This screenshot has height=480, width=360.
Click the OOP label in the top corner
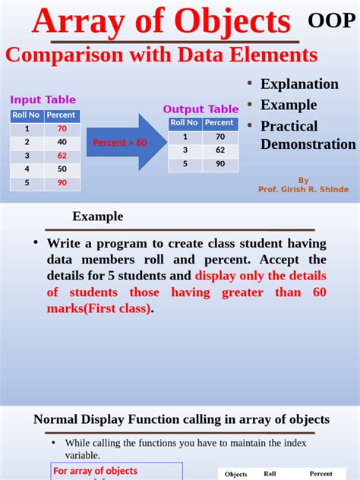[x=332, y=21]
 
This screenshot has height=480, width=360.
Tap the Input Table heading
[x=43, y=99]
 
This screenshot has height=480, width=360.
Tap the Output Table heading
[x=201, y=109]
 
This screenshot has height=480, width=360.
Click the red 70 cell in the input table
[x=62, y=128]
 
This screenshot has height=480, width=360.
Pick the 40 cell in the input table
[x=62, y=142]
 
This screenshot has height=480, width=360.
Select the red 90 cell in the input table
[x=62, y=182]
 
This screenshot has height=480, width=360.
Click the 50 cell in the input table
[x=62, y=169]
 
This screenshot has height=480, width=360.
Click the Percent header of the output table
[x=219, y=123]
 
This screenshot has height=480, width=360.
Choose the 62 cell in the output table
[x=220, y=150]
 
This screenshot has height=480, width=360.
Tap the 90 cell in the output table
[x=220, y=164]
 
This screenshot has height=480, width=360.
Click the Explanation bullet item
[x=299, y=84]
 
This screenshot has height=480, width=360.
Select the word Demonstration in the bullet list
[x=308, y=144]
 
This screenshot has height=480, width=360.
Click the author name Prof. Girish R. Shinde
[x=303, y=189]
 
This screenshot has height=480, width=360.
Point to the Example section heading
[x=97, y=216]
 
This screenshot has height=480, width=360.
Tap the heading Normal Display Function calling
[x=182, y=419]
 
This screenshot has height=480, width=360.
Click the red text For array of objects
[x=95, y=472]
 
